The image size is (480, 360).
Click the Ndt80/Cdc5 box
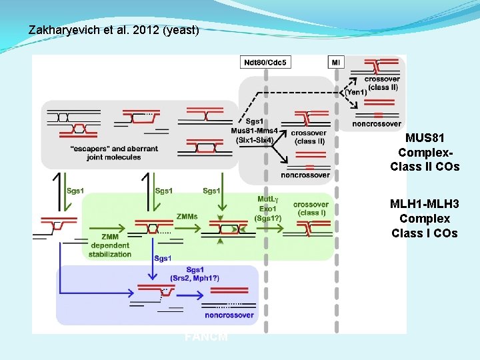[265, 62]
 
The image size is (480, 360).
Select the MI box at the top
[337, 62]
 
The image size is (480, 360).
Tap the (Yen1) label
[355, 92]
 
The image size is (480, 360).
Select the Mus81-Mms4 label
[254, 130]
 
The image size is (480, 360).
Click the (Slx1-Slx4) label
[254, 139]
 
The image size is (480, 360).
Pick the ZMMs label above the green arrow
[187, 216]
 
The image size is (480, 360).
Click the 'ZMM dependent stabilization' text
[110, 245]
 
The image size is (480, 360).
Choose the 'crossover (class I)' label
[311, 208]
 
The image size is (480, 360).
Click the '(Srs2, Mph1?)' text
[195, 277]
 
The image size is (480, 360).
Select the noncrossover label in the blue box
[229, 314]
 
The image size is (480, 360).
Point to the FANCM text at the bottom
[206, 337]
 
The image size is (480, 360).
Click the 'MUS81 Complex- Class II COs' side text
[425, 153]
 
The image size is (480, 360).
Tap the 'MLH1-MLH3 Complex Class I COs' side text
[425, 219]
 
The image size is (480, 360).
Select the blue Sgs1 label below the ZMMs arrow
[163, 258]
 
